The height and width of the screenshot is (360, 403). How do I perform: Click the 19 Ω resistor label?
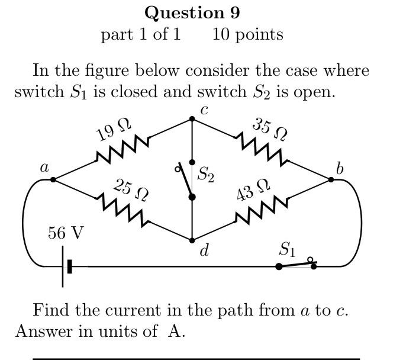[x=114, y=129]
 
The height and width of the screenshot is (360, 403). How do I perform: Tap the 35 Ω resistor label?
[x=270, y=129]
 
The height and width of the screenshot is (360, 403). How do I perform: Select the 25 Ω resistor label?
[x=131, y=189]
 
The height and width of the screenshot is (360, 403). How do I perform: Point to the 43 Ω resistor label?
[x=253, y=191]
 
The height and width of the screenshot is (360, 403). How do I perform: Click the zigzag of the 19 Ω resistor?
[x=122, y=149]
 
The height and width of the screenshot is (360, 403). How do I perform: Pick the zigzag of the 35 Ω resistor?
[x=262, y=148]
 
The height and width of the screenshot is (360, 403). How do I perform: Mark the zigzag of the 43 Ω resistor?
[x=262, y=211]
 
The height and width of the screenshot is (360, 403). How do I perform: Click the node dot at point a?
[x=53, y=179]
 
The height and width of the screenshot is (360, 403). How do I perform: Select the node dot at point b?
[x=331, y=179]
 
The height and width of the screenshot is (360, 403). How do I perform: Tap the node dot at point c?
[x=192, y=119]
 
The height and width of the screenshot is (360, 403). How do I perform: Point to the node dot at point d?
[x=192, y=240]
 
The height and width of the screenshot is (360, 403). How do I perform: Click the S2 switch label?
[x=205, y=175]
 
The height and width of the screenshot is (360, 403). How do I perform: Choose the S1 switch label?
[x=287, y=250]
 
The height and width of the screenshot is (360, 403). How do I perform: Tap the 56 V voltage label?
[x=66, y=233]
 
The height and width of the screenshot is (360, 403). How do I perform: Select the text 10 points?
[x=247, y=34]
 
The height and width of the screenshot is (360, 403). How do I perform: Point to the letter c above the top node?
[x=204, y=110]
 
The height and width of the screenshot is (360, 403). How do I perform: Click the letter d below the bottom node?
[x=204, y=251]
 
